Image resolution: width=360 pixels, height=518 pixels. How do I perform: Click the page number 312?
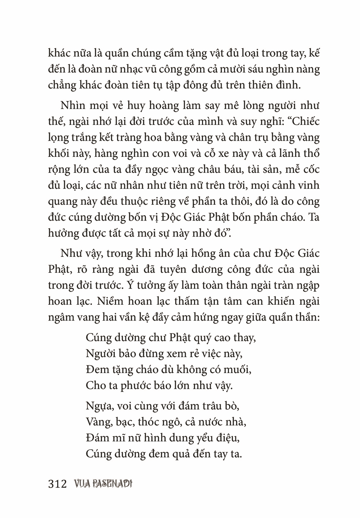(x=57, y=484)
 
